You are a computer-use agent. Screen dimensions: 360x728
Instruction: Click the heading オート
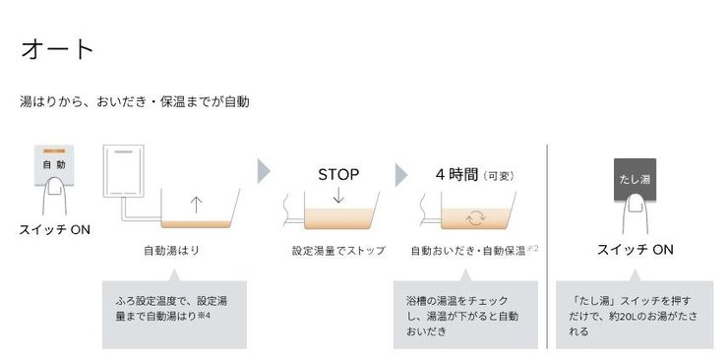pos(56,48)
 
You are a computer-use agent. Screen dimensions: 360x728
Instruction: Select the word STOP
pos(337,175)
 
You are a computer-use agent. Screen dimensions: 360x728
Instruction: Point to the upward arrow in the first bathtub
pos(195,205)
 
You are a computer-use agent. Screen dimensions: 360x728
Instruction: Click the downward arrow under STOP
pos(337,196)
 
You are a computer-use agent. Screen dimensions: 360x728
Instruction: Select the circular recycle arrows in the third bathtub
pos(476,217)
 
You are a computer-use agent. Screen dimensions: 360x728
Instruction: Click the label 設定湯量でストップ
pos(338,251)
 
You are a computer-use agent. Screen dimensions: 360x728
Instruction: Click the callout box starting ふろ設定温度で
pos(173,315)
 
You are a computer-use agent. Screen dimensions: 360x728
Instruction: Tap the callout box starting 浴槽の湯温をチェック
pos(464,315)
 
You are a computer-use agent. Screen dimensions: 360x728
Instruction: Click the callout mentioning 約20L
pos(634,315)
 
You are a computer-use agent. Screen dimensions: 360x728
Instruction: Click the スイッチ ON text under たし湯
pos(636,250)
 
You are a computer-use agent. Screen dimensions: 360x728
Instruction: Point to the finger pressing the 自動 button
pos(55,197)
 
